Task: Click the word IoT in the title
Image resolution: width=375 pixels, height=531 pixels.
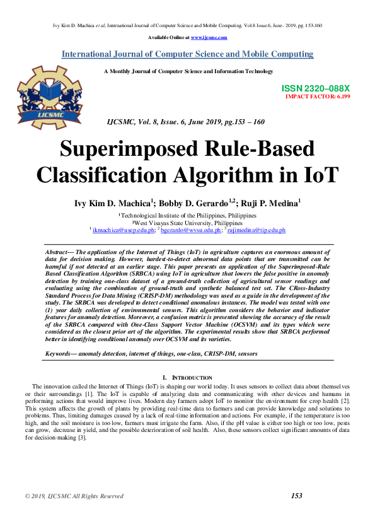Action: click(x=318, y=174)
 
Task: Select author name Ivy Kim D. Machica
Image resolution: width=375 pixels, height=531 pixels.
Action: click(x=113, y=203)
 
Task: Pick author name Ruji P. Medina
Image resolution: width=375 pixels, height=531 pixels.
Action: click(x=270, y=203)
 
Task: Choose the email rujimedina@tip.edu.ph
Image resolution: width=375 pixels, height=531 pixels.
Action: click(x=257, y=231)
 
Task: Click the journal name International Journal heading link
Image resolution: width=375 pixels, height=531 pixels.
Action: click(x=187, y=54)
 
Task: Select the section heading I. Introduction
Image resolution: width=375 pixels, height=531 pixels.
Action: click(x=187, y=377)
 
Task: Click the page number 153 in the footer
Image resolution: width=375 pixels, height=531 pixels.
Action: click(x=297, y=496)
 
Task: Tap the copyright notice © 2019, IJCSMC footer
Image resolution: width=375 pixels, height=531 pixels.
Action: click(x=74, y=496)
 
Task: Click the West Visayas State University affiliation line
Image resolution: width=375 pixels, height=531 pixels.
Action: click(x=188, y=223)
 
